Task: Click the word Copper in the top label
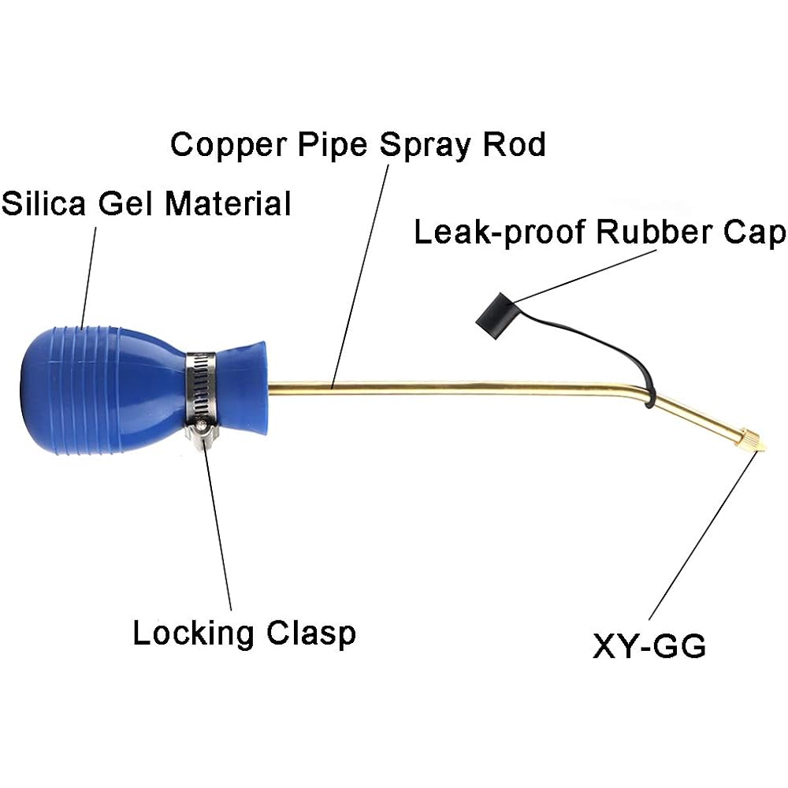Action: click(229, 146)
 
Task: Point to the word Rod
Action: click(514, 145)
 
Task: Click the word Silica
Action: click(43, 203)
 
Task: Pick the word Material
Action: click(229, 203)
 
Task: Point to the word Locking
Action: click(194, 634)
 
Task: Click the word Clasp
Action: click(311, 634)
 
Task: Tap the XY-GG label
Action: click(649, 646)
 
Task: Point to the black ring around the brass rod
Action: click(649, 394)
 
